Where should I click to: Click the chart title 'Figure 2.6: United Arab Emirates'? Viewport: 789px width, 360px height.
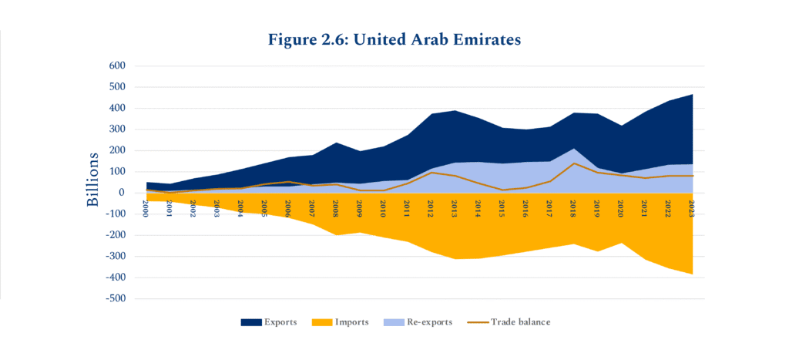click(394, 39)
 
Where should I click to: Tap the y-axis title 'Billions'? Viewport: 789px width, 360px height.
click(92, 180)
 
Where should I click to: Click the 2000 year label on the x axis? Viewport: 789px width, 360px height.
click(146, 208)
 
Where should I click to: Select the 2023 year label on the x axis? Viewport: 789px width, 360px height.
click(693, 208)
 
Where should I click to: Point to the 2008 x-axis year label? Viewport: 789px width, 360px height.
click(337, 208)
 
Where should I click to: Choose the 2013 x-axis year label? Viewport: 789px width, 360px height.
click(455, 208)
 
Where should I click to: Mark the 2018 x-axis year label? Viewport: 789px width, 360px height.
click(574, 208)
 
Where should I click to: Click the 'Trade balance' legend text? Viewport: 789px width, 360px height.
click(520, 321)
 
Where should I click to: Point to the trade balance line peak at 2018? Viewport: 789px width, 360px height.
click(574, 163)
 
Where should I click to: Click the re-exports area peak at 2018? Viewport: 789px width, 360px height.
click(574, 150)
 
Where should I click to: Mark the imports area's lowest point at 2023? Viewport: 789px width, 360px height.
click(692, 273)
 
